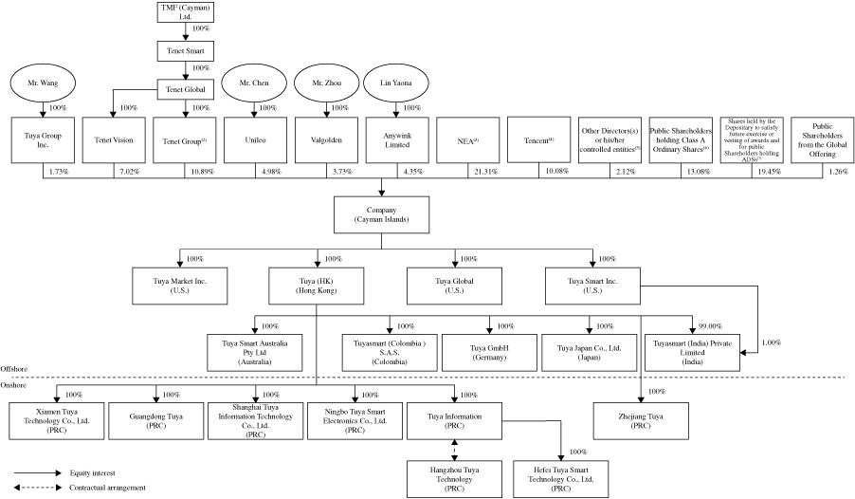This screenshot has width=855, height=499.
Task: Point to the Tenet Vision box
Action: tap(113, 139)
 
